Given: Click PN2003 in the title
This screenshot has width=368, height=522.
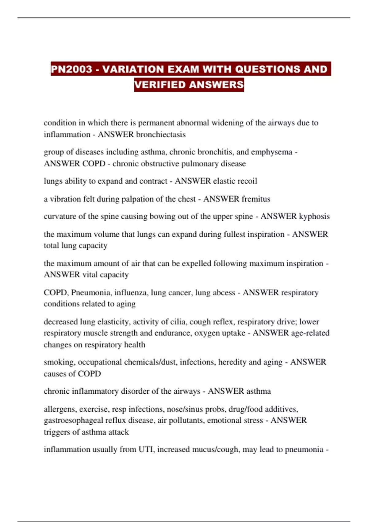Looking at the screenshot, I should [71, 69].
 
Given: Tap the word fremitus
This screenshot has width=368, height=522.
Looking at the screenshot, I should [255, 199].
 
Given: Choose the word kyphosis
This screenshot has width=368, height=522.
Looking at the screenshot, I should [314, 216].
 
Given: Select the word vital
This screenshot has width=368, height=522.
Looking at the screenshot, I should [90, 275].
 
